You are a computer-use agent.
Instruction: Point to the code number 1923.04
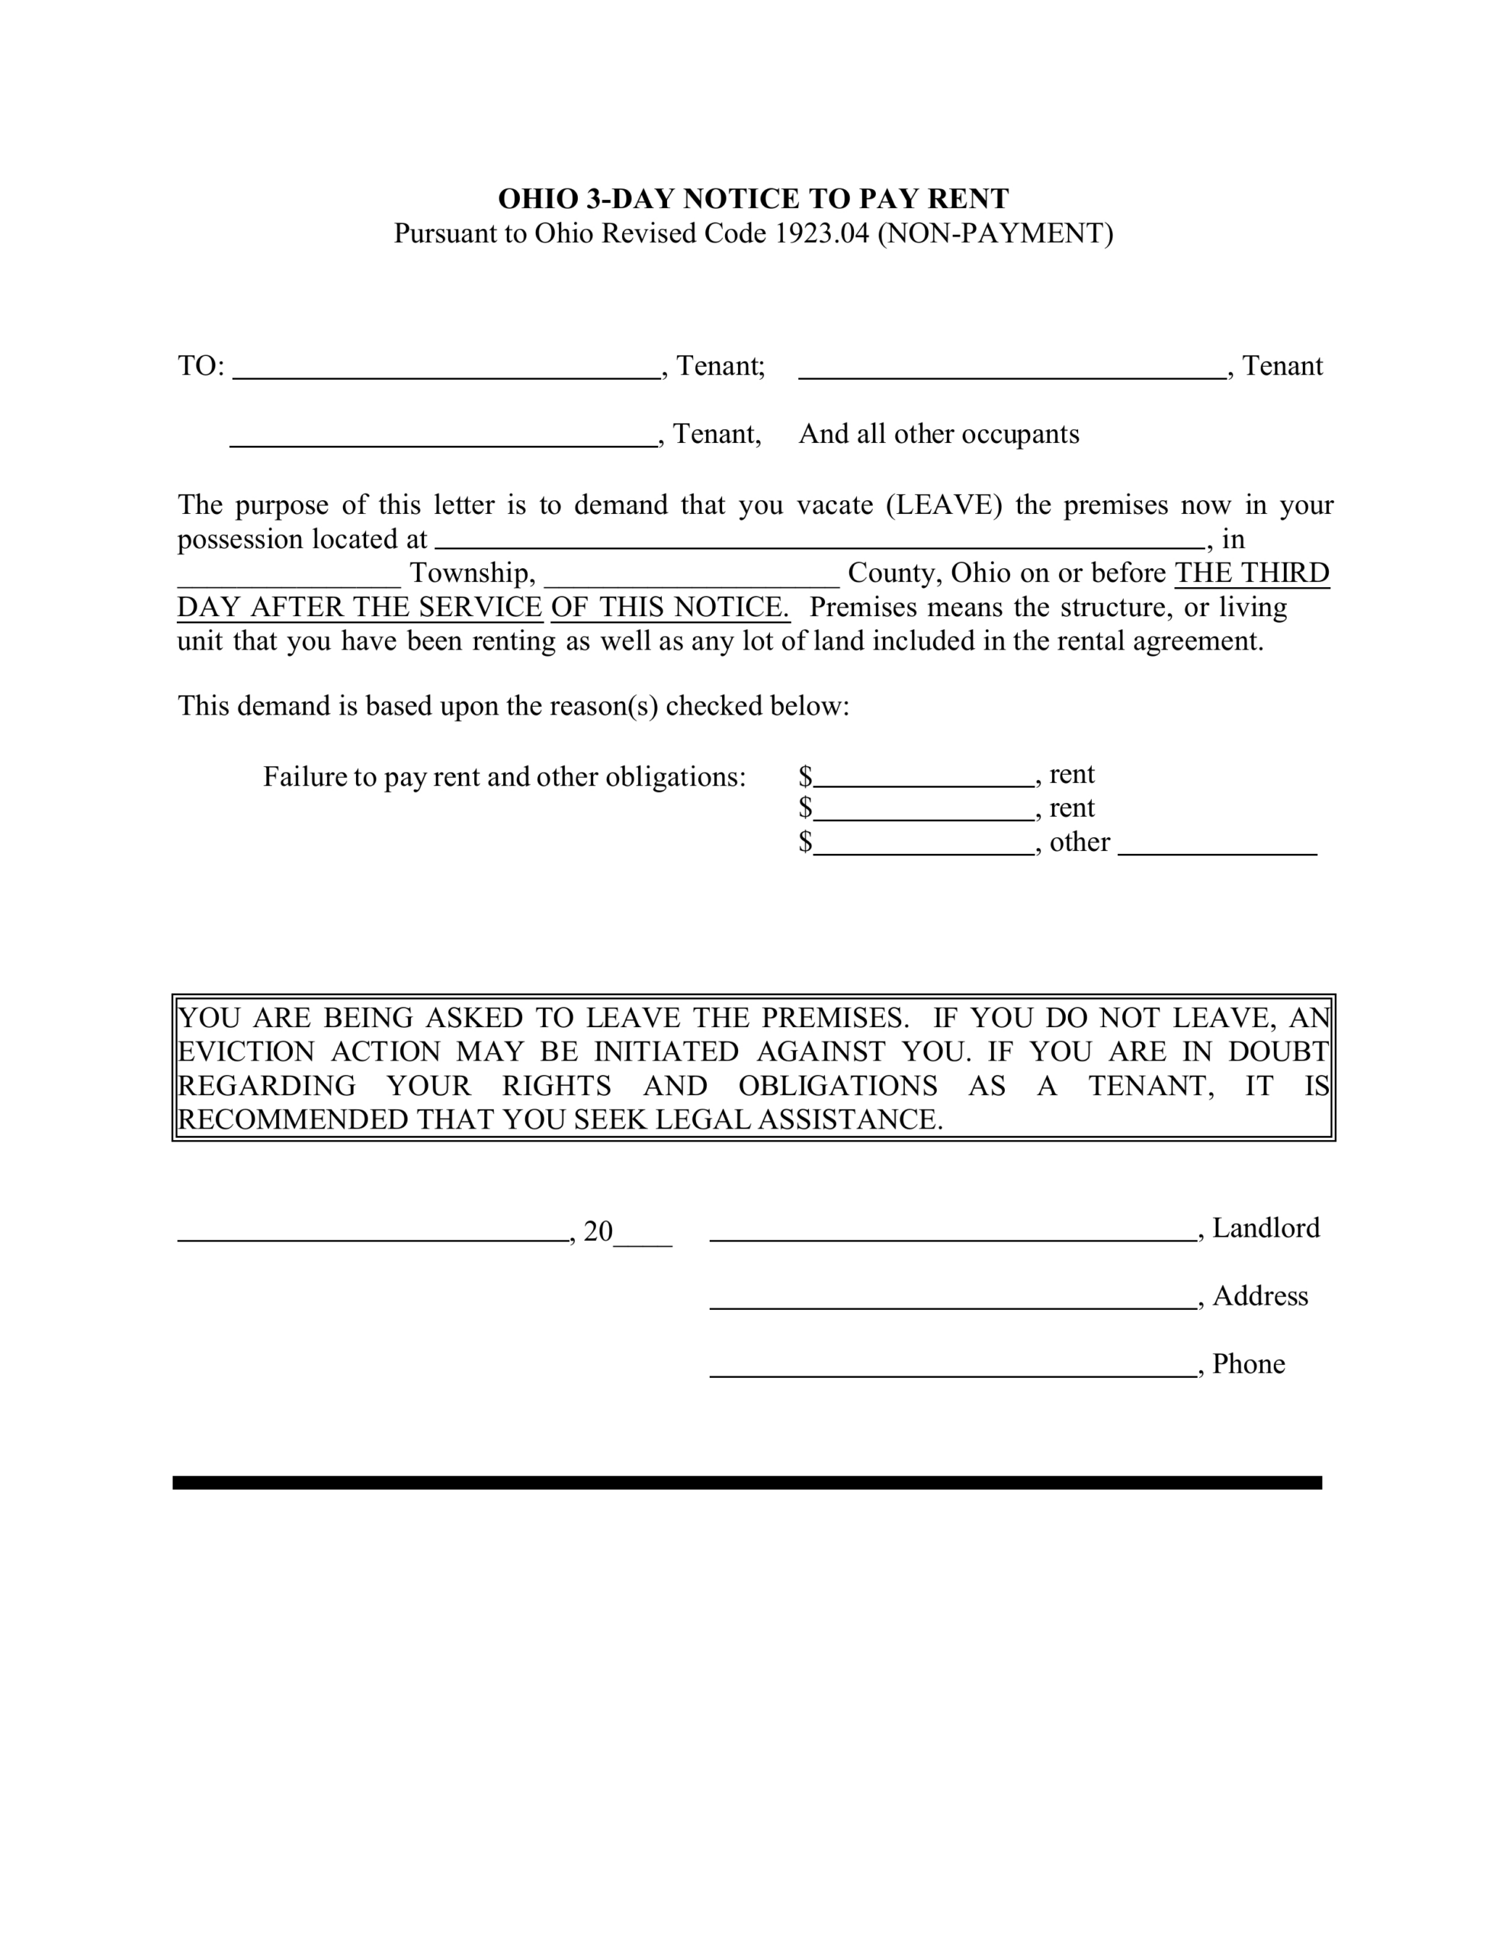[x=822, y=233]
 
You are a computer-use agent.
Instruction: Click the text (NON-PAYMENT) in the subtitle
[x=995, y=233]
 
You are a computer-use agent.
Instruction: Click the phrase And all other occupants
[x=938, y=435]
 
